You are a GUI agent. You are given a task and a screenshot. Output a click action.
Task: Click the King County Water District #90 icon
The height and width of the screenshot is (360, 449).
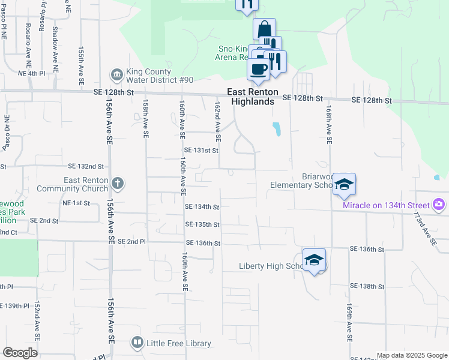click(x=116, y=75)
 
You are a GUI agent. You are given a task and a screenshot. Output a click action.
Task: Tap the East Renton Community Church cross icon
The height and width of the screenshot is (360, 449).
click(x=118, y=184)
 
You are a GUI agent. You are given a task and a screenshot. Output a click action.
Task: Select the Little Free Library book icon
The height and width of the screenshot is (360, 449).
click(x=137, y=343)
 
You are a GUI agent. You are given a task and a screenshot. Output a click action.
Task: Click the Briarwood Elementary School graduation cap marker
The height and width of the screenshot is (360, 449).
click(x=345, y=184)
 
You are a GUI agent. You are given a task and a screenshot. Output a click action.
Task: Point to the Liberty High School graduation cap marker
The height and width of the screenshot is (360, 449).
click(x=314, y=260)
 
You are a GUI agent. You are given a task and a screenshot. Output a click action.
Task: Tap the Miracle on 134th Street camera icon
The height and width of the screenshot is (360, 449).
click(x=439, y=205)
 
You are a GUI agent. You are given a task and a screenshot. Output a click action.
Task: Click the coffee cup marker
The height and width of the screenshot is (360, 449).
click(x=258, y=69)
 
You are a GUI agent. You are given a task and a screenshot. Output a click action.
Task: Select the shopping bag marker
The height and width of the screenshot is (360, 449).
click(x=264, y=29)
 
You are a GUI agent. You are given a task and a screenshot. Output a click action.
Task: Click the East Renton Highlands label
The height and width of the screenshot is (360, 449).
click(x=251, y=97)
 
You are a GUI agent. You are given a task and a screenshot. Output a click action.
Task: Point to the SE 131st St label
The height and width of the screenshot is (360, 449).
click(x=201, y=151)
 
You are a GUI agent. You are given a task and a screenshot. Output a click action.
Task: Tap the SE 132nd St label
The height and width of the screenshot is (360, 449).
click(x=86, y=166)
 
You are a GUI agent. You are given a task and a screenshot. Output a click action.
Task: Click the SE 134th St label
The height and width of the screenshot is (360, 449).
click(x=202, y=206)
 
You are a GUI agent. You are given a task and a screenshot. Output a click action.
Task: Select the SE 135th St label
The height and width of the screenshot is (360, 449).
click(x=203, y=224)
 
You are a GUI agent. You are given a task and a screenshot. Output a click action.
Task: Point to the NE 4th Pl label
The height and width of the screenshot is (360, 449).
click(x=32, y=73)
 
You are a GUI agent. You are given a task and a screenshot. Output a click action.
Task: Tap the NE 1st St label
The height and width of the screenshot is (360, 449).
click(x=76, y=203)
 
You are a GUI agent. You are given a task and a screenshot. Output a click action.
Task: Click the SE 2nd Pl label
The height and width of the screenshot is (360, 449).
click(x=132, y=241)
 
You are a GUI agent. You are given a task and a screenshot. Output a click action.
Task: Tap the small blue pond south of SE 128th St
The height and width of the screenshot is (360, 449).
click(x=276, y=129)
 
